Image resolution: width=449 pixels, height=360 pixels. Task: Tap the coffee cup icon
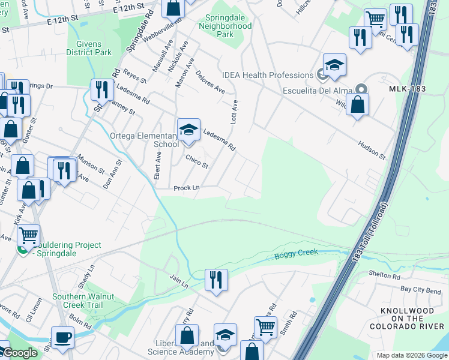(62, 338)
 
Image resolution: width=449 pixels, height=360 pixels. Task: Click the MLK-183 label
(407, 89)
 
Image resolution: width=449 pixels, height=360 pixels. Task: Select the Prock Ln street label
(186, 188)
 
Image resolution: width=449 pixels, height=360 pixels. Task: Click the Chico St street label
(197, 161)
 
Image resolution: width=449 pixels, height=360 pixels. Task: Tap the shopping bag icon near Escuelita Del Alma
(357, 106)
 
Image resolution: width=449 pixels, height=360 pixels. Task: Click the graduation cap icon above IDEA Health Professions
(334, 65)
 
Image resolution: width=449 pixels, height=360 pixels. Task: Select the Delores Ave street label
(210, 82)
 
